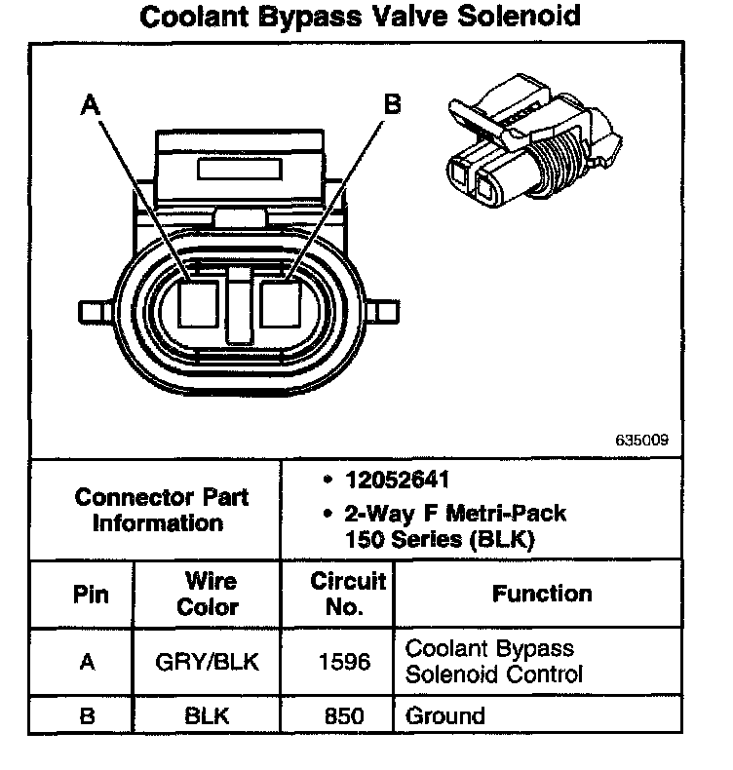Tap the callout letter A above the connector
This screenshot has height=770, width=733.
92,103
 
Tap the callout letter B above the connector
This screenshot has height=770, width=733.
393,103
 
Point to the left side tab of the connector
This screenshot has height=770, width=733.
93,311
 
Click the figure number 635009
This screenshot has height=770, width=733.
641,440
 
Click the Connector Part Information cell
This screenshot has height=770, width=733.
161,509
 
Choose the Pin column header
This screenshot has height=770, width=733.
92,594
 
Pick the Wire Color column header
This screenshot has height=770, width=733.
211,594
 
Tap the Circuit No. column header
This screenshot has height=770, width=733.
347,594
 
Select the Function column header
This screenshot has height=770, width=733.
542,594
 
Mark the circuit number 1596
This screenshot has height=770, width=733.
344,662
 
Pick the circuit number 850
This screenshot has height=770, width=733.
344,716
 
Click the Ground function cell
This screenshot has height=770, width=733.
444,716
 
